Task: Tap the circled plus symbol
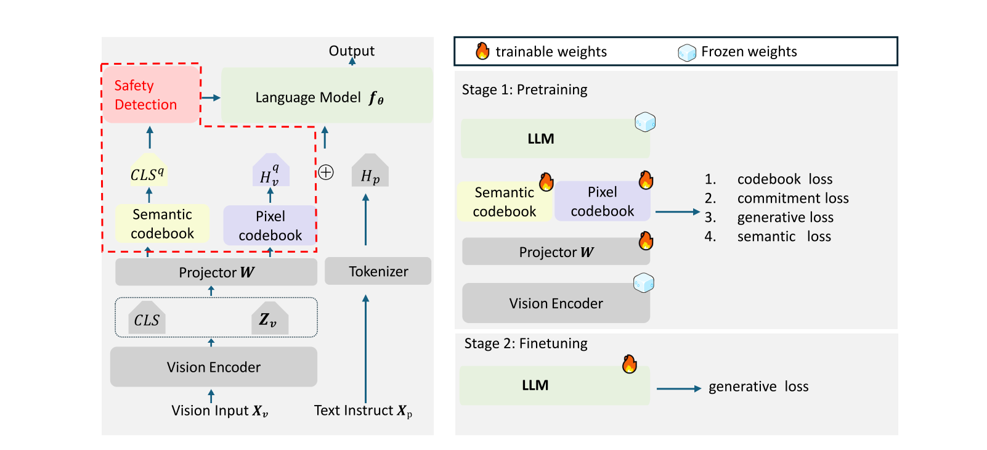click(x=326, y=173)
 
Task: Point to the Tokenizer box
click(x=378, y=271)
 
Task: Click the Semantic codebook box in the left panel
click(x=162, y=224)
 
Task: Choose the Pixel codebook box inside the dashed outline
click(x=270, y=226)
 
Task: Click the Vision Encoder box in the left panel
click(x=213, y=367)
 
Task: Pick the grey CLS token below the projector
click(x=147, y=319)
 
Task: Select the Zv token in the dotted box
click(x=269, y=319)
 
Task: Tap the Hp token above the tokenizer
click(x=370, y=173)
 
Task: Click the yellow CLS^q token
click(x=148, y=172)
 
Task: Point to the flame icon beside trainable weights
click(x=482, y=51)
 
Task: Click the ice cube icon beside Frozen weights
click(x=686, y=52)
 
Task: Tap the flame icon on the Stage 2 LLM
click(x=629, y=364)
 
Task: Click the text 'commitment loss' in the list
click(x=792, y=198)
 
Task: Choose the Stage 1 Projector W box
click(x=555, y=252)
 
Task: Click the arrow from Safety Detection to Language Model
click(x=211, y=97)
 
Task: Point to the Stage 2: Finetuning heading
click(x=526, y=343)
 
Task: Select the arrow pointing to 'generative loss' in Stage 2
click(x=678, y=388)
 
